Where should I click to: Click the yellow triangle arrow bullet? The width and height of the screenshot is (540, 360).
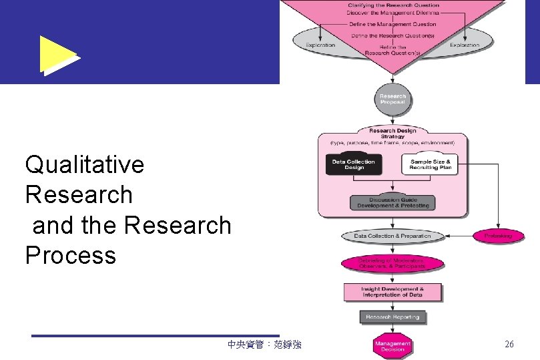point(57,55)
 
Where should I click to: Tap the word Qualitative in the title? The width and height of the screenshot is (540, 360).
point(84,164)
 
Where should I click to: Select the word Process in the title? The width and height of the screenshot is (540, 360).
point(70,255)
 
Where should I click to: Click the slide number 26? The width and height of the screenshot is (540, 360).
point(509,345)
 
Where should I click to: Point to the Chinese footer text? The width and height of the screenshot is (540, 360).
point(264,345)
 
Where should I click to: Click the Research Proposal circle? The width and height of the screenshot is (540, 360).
point(392,100)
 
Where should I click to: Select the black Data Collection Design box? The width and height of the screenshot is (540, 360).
point(354,164)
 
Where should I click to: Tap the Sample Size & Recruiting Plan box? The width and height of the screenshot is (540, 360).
point(431,164)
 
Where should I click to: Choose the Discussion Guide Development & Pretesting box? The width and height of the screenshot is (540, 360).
point(393,202)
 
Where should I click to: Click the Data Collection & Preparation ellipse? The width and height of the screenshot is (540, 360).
point(392,236)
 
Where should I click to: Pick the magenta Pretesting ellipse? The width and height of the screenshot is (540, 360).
point(498,236)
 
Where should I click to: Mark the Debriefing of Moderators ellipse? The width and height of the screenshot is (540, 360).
point(392,263)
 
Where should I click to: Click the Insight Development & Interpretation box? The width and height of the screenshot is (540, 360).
point(392,292)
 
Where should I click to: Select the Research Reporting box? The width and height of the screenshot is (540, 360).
point(392,317)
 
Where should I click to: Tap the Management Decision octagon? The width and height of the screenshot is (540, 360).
point(392,346)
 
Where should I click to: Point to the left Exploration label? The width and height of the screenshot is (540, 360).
point(320,45)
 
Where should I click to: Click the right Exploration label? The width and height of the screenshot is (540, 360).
point(465,45)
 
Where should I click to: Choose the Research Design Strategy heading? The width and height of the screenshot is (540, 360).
point(392,134)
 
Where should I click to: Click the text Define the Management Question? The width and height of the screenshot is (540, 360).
point(392,24)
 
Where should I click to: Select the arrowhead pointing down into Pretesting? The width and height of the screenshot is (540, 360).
point(498,226)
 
